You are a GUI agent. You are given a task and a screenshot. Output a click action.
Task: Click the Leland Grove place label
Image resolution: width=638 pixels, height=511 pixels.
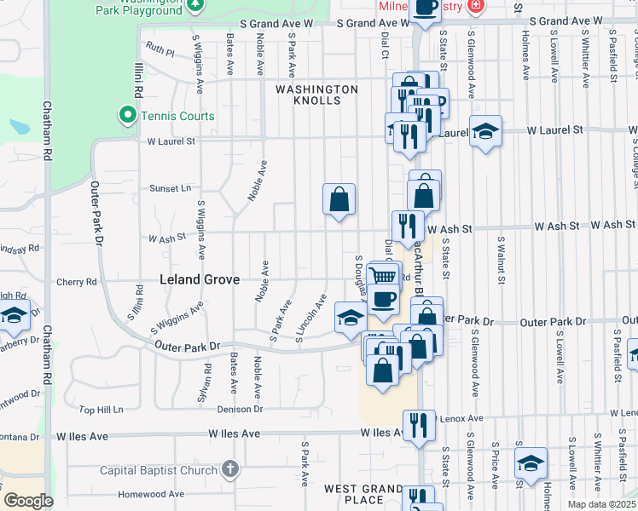point(200,278)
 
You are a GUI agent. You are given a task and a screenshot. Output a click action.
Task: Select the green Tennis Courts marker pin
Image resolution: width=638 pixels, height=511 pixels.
point(128,115)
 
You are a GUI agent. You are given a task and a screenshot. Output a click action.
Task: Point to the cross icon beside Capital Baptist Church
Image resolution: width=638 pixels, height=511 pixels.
point(229,469)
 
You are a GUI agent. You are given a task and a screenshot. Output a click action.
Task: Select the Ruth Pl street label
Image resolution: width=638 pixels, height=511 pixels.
point(159,52)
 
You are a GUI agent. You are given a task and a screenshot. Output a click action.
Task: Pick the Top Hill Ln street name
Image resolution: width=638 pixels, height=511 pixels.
point(101,410)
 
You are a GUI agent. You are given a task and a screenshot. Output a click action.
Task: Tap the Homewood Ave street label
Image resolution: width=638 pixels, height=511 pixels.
point(151,494)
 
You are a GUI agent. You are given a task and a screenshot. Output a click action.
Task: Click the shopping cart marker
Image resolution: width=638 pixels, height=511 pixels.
point(384,275)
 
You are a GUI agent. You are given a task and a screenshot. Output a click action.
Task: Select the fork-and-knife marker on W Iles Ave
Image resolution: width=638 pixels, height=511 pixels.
point(417,425)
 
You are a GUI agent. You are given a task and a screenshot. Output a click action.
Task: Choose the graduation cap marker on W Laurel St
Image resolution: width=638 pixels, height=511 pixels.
point(485,131)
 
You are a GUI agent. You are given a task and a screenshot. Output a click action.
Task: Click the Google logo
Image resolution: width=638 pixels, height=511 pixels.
point(28,501)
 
